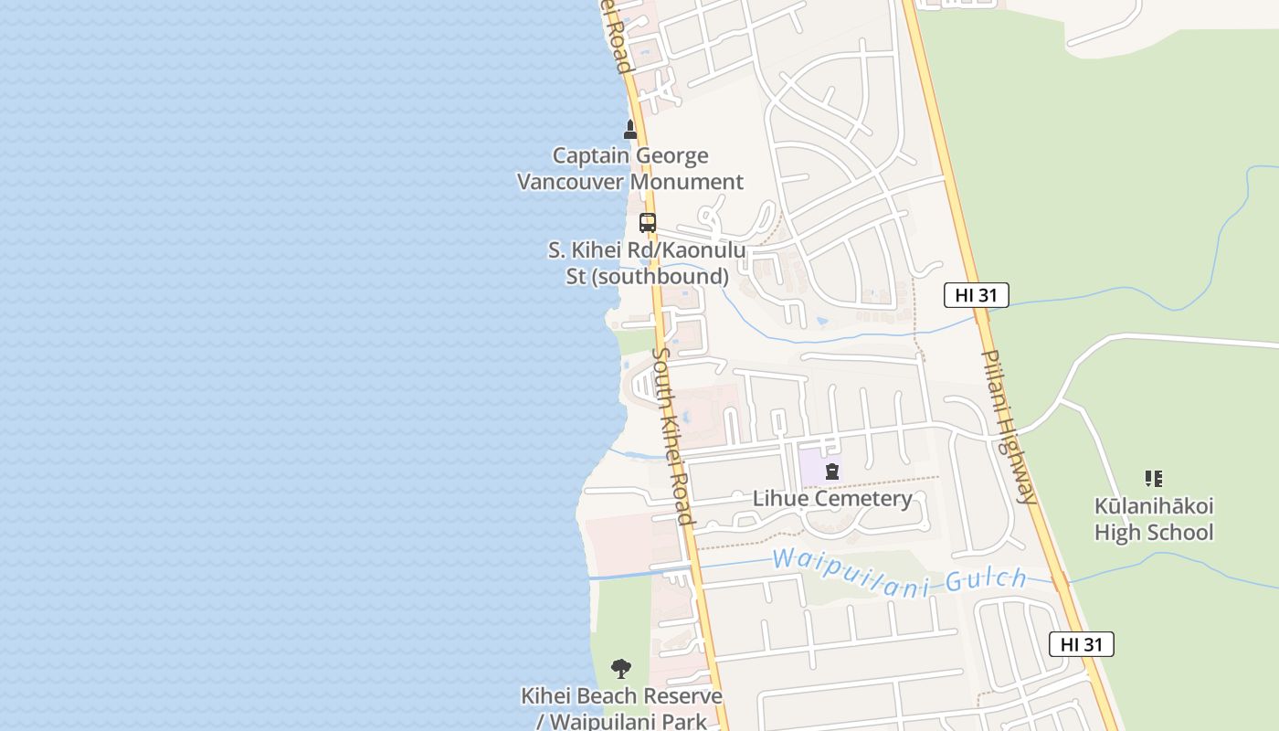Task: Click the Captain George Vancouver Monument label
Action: click(x=630, y=169)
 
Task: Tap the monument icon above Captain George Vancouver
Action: click(x=629, y=130)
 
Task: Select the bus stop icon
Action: click(x=648, y=222)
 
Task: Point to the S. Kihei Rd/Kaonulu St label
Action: click(x=647, y=263)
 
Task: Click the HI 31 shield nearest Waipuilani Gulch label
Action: click(x=1081, y=644)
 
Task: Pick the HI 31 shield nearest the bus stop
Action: click(x=976, y=295)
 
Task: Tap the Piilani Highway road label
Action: click(x=1010, y=427)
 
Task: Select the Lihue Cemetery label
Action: click(x=831, y=499)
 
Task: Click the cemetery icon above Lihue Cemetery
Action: click(x=831, y=472)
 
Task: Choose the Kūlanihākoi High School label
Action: click(x=1154, y=519)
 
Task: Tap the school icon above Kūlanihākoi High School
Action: click(x=1154, y=479)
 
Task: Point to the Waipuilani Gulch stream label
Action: click(x=899, y=573)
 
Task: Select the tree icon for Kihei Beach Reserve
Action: click(x=621, y=668)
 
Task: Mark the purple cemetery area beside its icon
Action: click(x=811, y=468)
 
